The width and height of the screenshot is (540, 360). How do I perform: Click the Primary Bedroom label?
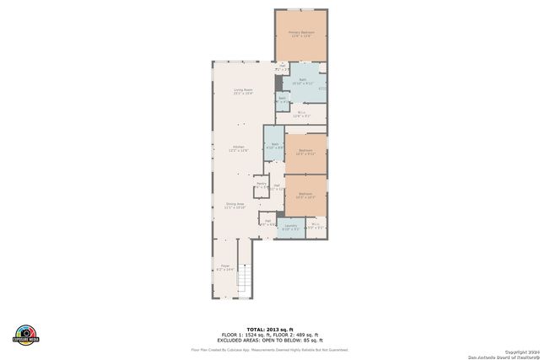point(301,34)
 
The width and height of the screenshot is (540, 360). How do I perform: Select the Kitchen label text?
point(239,148)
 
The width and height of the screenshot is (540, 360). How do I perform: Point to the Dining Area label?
point(235,205)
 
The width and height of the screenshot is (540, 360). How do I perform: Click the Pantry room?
point(261,185)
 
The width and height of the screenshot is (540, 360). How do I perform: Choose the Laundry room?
point(290,226)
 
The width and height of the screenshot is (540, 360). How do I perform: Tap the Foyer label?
point(225,268)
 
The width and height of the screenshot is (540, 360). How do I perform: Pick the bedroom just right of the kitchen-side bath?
point(305,153)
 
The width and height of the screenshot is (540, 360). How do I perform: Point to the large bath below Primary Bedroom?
point(302,83)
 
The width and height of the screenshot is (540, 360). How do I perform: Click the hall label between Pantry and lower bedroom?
point(277,187)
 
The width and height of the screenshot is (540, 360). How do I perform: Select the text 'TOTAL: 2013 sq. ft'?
point(269,328)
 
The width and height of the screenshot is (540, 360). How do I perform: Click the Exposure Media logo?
point(26,334)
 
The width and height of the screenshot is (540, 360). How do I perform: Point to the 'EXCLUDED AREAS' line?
point(269,340)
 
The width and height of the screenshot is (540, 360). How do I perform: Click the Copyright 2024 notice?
point(520,351)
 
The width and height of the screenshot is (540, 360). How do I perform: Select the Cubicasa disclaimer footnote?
point(269,349)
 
